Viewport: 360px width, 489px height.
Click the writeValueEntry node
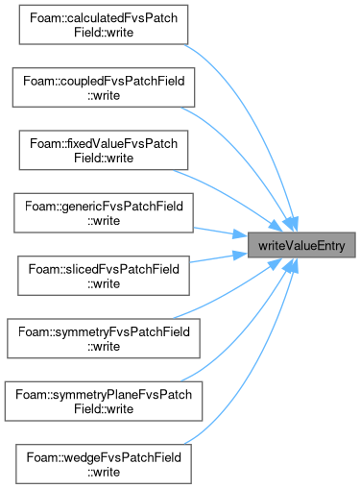point(301,245)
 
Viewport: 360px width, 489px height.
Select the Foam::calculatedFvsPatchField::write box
point(104,25)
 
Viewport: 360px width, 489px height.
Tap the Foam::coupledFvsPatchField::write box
point(104,87)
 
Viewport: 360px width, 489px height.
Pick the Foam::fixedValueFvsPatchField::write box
point(104,150)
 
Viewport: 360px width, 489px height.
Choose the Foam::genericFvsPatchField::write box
point(104,213)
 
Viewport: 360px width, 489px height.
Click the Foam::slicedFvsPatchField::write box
point(104,276)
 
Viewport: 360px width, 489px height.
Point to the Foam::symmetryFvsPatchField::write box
point(104,338)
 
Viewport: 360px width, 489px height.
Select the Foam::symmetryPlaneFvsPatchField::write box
point(104,402)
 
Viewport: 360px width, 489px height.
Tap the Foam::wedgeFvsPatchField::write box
point(104,464)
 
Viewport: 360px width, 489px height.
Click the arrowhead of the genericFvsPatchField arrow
point(239,234)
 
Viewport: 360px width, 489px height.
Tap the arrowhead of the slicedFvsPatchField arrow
point(239,255)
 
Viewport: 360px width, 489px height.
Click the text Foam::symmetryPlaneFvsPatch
point(104,395)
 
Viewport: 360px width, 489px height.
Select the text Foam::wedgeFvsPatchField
point(104,457)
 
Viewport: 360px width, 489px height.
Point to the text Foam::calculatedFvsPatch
point(104,18)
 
